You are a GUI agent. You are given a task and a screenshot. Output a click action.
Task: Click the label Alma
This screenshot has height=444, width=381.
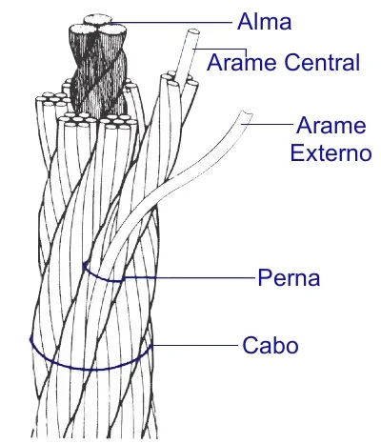tap(264, 22)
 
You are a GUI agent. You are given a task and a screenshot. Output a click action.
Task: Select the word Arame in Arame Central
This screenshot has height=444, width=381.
tap(241, 62)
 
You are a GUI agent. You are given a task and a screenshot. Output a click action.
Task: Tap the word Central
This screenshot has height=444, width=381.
tap(322, 62)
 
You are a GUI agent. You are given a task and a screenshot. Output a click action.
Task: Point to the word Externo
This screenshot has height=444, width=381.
tap(331, 153)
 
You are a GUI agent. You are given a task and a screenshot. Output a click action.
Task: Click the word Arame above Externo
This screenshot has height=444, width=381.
tap(331, 126)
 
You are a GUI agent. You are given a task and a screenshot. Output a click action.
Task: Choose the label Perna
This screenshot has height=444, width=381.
tap(289, 277)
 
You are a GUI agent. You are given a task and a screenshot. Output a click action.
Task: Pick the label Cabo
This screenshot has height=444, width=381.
tap(271, 345)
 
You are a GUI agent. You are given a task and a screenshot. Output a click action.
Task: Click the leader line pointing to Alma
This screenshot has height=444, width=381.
tap(171, 23)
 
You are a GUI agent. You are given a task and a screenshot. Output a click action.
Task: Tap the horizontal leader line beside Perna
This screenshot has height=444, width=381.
tap(190, 278)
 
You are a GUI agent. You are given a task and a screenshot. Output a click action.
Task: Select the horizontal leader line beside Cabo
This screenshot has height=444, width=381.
tap(194, 345)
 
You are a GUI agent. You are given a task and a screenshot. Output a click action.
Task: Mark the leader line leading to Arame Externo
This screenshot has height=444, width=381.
tap(268, 124)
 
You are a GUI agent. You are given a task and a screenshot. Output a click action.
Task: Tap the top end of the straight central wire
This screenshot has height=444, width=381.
tap(193, 31)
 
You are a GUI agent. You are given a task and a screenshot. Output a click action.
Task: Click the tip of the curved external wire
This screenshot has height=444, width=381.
tap(247, 113)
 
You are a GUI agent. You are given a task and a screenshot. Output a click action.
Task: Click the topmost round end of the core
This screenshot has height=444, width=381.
tap(98, 20)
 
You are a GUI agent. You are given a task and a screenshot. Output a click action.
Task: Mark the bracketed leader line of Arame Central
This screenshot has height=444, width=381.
tap(222, 50)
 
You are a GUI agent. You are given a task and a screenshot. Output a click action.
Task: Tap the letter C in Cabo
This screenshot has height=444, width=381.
tap(251, 345)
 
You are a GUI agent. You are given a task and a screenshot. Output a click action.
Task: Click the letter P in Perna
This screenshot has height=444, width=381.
tap(265, 277)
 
